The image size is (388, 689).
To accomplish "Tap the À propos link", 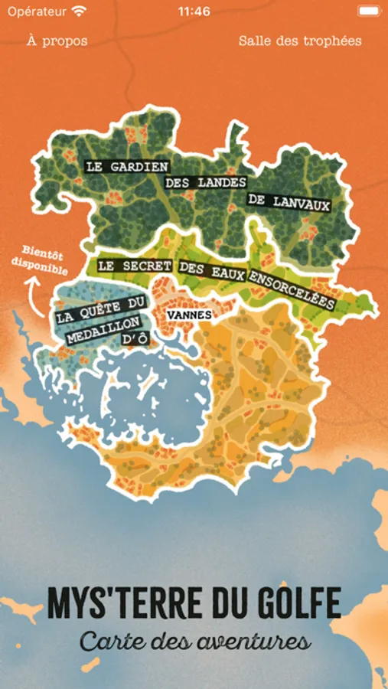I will (x=57, y=41).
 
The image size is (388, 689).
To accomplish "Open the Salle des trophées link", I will (x=300, y=41).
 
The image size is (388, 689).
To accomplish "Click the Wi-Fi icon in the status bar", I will (x=80, y=11).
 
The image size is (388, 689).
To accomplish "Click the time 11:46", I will (x=194, y=11).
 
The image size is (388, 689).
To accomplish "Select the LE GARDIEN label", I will (x=126, y=165).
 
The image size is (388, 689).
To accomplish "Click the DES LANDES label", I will (x=206, y=183).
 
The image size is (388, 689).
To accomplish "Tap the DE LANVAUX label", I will (x=289, y=203).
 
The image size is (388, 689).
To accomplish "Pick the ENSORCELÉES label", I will (x=290, y=290).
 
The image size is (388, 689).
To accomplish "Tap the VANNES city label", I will (x=188, y=315).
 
